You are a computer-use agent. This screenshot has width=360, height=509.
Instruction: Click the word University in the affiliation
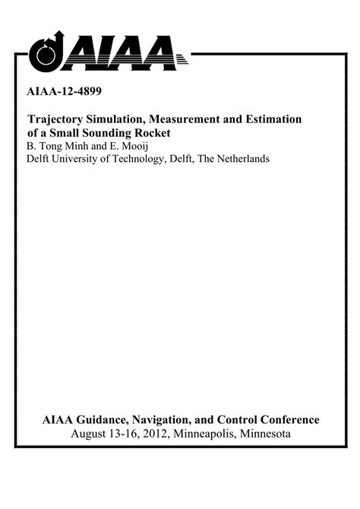pos(77,159)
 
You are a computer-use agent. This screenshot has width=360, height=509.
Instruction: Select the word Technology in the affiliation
pos(142,159)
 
